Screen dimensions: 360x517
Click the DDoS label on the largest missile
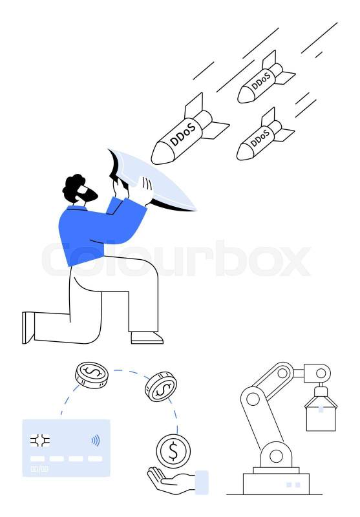click(x=183, y=134)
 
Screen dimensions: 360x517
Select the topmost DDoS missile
click(x=266, y=78)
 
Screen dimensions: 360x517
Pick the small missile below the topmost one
click(x=265, y=135)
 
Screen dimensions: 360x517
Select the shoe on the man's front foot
click(x=147, y=337)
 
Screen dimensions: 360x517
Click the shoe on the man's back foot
click(x=28, y=328)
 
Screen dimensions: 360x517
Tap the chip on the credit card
click(x=40, y=441)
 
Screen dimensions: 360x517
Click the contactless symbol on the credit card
click(x=95, y=440)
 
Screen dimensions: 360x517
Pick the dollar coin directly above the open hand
click(x=173, y=451)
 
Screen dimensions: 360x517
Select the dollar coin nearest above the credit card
click(x=92, y=375)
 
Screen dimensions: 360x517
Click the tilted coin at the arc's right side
click(x=160, y=386)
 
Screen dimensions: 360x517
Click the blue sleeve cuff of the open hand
click(x=202, y=482)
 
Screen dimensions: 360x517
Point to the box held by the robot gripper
click(x=321, y=418)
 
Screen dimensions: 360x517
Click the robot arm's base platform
click(x=276, y=483)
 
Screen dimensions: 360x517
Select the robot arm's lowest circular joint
click(x=276, y=457)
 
